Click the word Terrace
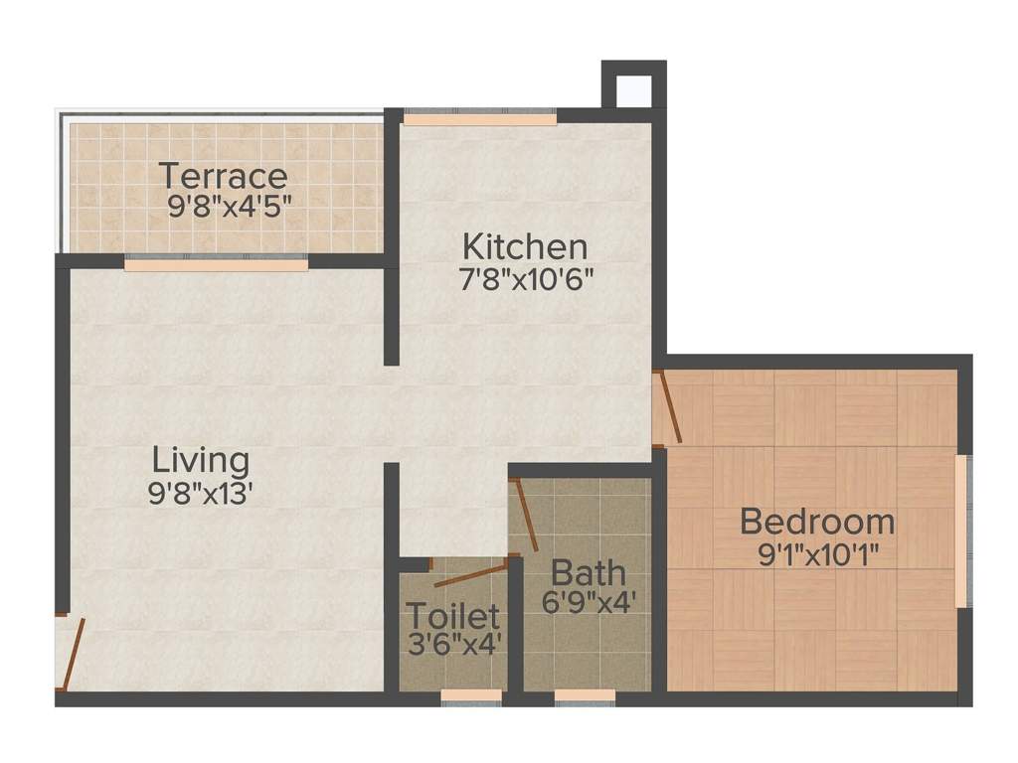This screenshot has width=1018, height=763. coord(224,177)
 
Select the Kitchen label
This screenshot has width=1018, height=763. coord(526,245)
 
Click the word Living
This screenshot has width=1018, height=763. coord(201,461)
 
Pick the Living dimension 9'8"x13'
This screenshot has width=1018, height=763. coord(202,493)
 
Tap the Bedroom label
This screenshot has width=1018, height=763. coord(817,521)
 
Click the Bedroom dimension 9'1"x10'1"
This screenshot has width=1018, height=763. coord(817,552)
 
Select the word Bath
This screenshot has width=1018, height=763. coord(589,573)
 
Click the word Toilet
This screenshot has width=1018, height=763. coord(452,617)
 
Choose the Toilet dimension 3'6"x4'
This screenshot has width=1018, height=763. coord(452,643)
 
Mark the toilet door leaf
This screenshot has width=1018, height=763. coord(469,574)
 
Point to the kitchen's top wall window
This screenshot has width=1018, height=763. coord(479,119)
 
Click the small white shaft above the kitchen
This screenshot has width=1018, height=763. coord(633,90)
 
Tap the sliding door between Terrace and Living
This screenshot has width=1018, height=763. coord(216,265)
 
